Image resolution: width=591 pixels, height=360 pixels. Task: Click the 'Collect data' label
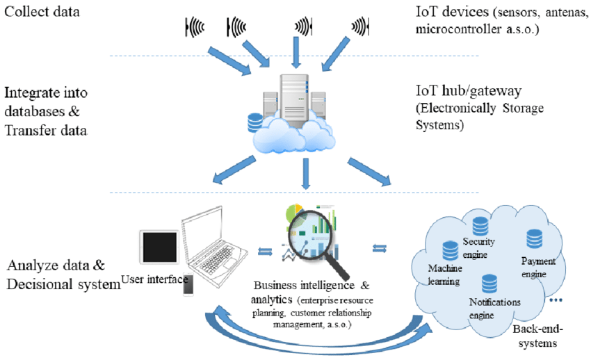(x=41, y=12)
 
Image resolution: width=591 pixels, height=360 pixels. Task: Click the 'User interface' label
(x=154, y=280)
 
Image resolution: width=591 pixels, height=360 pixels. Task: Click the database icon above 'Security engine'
(x=479, y=227)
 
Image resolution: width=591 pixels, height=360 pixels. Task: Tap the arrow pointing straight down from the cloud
(x=305, y=174)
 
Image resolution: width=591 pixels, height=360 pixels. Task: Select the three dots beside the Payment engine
(x=556, y=301)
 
